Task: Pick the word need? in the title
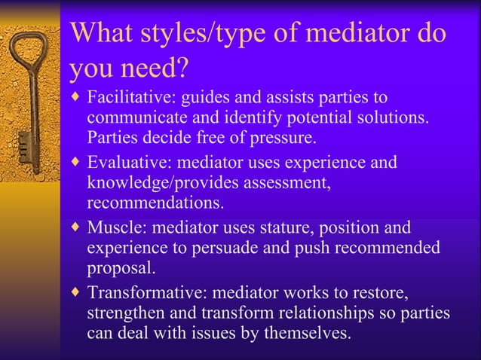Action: pos(157,69)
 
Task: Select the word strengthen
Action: pos(124,312)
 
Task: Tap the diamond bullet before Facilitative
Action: pos(74,98)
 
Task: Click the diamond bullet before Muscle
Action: pos(74,227)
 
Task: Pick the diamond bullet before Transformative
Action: pos(74,291)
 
